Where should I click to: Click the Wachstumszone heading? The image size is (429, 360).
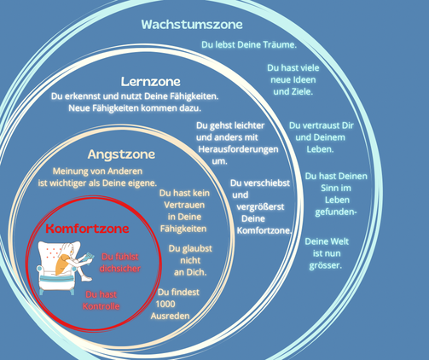click(x=192, y=25)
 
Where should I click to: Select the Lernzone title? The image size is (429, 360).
click(x=151, y=82)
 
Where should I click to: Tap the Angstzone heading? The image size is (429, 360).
click(x=121, y=154)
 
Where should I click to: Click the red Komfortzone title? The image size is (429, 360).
click(x=87, y=229)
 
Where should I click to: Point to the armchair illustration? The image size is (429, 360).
click(x=58, y=268)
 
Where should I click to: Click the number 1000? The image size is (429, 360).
click(x=165, y=304)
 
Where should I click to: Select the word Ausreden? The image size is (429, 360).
click(x=170, y=316)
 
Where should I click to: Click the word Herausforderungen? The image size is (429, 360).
click(x=238, y=149)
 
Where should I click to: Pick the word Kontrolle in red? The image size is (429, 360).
click(x=101, y=306)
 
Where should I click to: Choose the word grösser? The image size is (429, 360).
click(x=326, y=266)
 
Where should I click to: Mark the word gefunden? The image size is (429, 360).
click(x=334, y=212)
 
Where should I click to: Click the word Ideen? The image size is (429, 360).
click(x=304, y=79)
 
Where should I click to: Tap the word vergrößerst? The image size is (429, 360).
click(x=260, y=207)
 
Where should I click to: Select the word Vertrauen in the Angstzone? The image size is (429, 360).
click(x=184, y=205)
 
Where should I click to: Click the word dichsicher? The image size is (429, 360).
click(x=120, y=269)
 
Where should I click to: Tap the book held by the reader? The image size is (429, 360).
click(x=90, y=257)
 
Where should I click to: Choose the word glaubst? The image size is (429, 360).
click(x=196, y=249)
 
